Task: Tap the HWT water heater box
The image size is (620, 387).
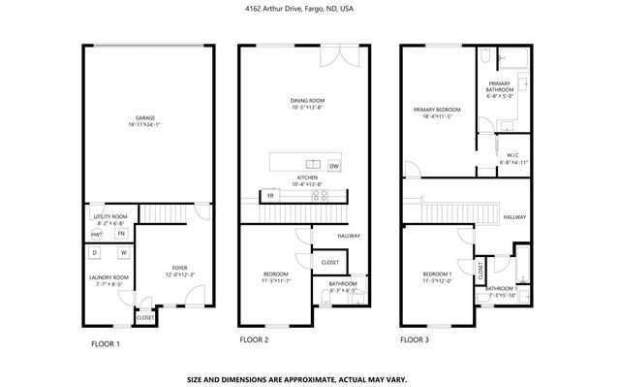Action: coord(97,234)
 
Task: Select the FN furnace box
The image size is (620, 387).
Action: coord(121,234)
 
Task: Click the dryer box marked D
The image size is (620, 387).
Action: coord(95,254)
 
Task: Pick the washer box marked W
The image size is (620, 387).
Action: coord(123,254)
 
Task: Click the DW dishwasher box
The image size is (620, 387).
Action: coord(334,166)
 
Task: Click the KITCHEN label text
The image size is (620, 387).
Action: coord(307,178)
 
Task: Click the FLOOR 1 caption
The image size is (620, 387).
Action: coord(107,342)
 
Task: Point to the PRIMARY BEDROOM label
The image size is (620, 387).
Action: coord(437,111)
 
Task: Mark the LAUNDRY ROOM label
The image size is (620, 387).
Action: coord(108,280)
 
